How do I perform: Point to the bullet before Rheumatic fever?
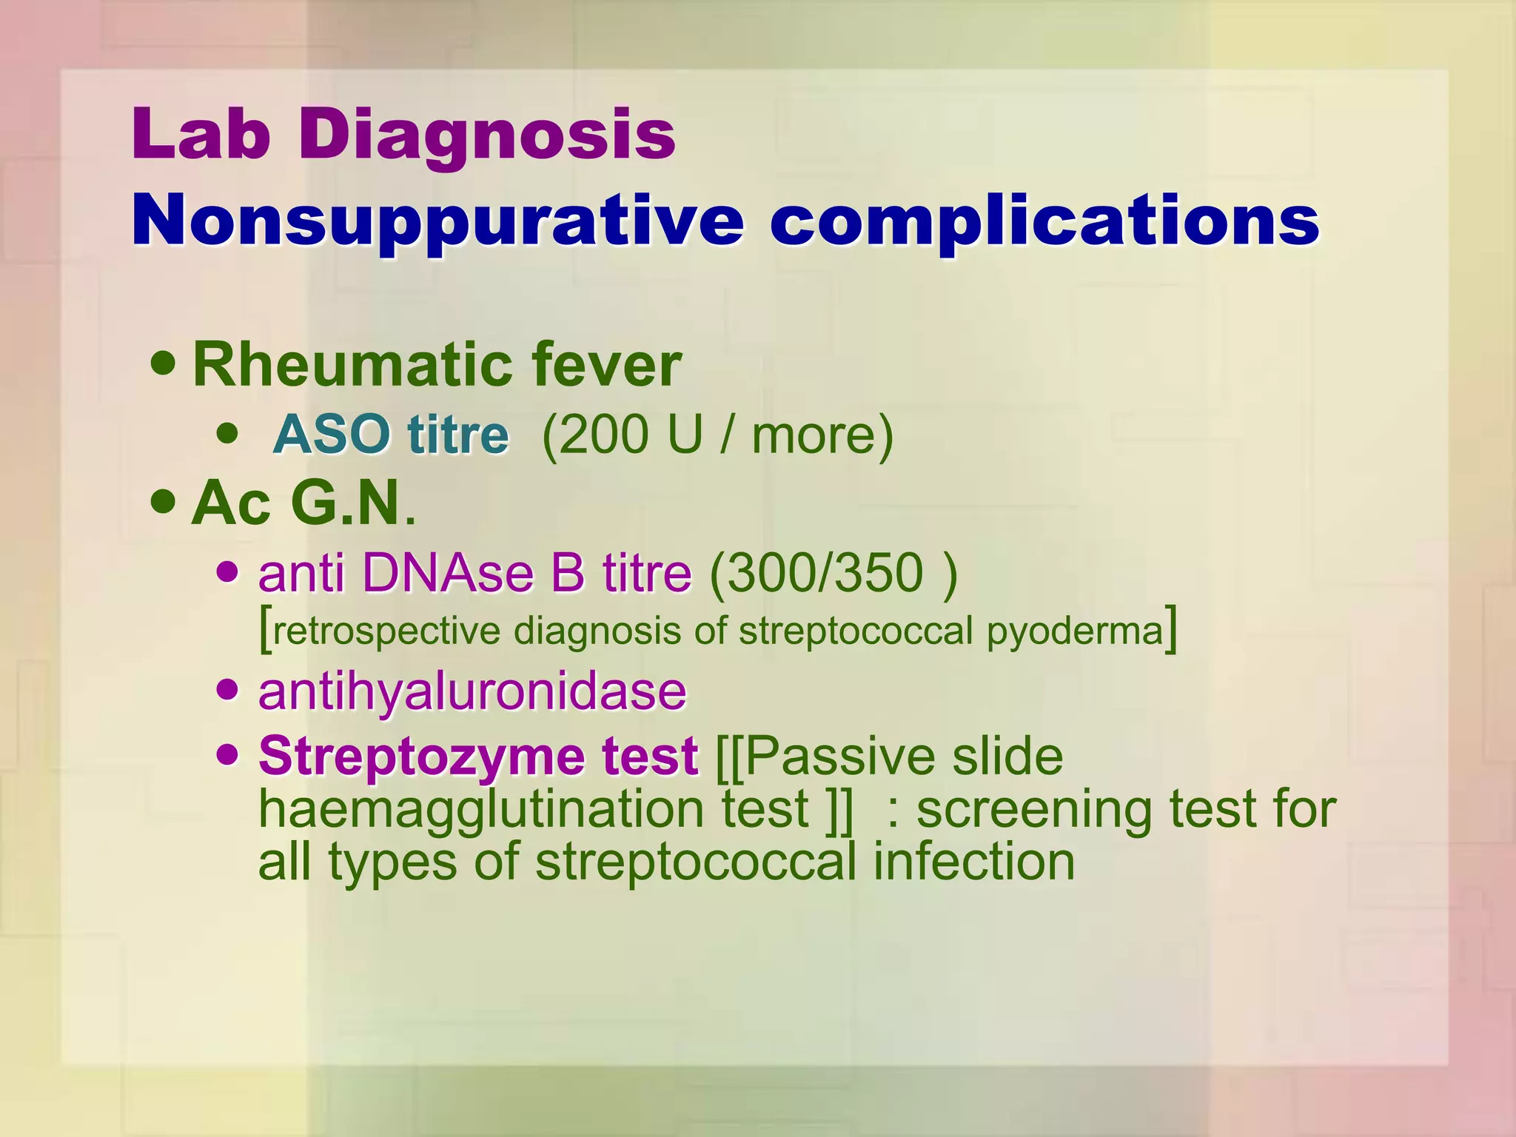163,363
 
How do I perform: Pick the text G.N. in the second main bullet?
351,503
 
